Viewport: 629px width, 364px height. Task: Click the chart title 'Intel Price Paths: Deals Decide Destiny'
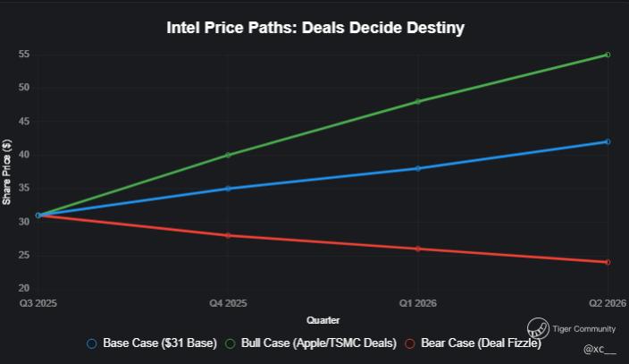[x=315, y=28]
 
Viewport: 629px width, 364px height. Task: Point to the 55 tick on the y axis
[x=24, y=54]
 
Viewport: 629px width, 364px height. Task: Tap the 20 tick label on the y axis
[x=24, y=288]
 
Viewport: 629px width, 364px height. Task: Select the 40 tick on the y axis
[x=24, y=155]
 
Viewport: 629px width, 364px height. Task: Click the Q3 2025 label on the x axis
[x=38, y=303]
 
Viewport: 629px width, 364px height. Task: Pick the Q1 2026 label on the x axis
[x=417, y=303]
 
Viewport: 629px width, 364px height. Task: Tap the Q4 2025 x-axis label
[x=228, y=303]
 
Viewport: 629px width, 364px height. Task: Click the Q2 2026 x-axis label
[x=608, y=303]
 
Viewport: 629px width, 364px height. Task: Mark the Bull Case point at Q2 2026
[x=608, y=55]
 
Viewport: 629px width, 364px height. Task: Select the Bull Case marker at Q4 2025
[x=228, y=155]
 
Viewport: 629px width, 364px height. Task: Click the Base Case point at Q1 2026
[x=417, y=168]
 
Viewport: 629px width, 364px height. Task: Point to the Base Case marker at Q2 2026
[x=608, y=142]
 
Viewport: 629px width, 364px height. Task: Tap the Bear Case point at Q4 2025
[x=228, y=235]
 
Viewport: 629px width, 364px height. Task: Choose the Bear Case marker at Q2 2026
[x=608, y=262]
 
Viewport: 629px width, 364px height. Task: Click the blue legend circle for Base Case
[x=92, y=343]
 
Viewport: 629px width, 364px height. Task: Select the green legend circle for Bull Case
[x=230, y=343]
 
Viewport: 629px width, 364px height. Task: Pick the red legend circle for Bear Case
[x=409, y=343]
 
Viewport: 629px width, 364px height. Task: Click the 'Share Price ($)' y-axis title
[x=6, y=172]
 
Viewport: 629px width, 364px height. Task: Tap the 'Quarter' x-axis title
[x=323, y=320]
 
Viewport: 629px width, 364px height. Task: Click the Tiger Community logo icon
[x=538, y=328]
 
